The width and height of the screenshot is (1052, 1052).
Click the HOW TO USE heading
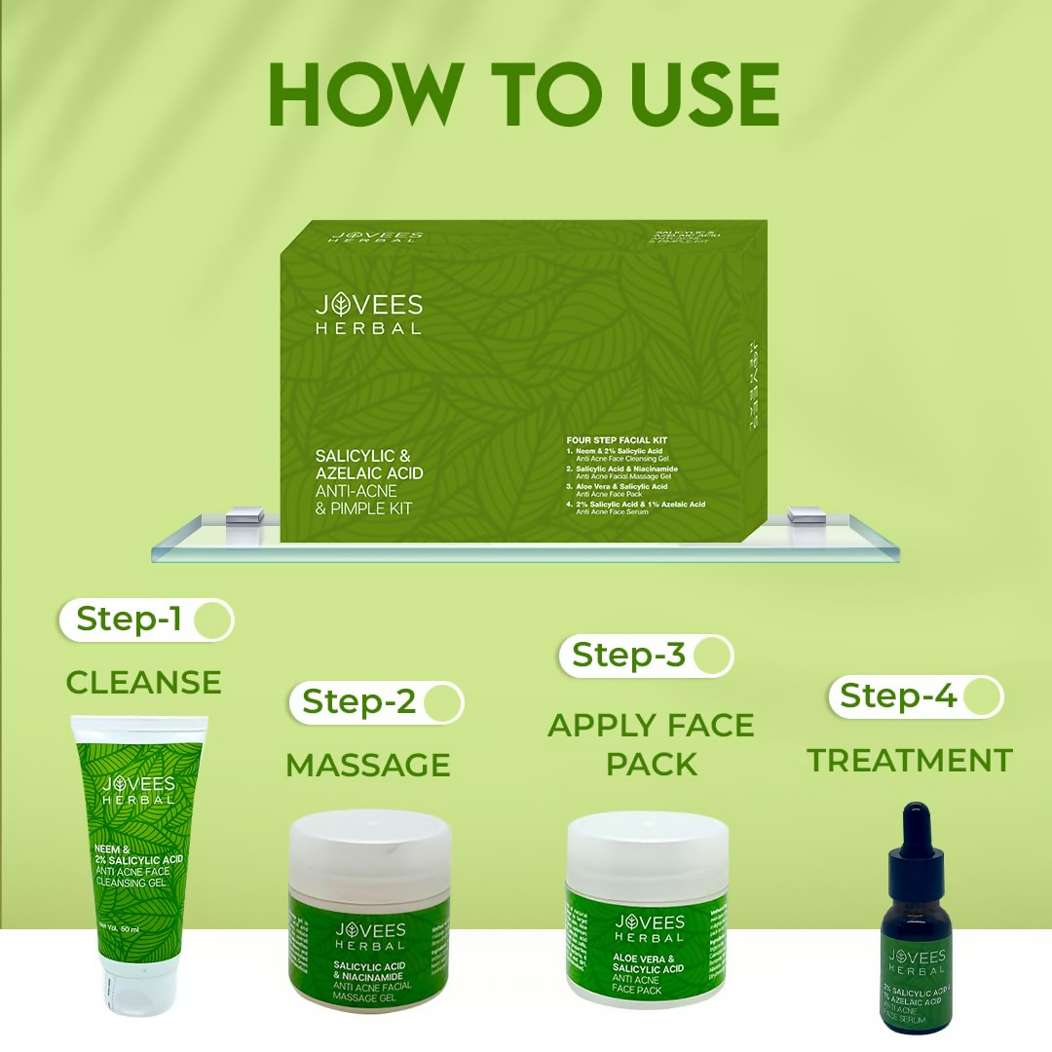[524, 95]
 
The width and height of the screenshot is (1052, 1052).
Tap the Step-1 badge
[146, 620]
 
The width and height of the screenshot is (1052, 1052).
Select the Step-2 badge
[376, 701]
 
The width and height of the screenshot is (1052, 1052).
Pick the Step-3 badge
[645, 656]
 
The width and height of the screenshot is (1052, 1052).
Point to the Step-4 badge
[915, 696]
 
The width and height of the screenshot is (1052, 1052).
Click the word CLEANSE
[143, 682]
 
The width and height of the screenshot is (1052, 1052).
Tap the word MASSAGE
[368, 765]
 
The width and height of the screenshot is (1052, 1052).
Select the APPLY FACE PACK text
[650, 744]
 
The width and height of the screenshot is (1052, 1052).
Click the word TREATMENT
[910, 760]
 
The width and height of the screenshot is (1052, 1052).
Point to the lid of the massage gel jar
[370, 843]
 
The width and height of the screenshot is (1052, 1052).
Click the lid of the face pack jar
[648, 844]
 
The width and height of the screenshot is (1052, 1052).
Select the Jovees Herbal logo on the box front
[368, 314]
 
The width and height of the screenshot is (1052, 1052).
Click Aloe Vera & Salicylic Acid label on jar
[649, 965]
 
